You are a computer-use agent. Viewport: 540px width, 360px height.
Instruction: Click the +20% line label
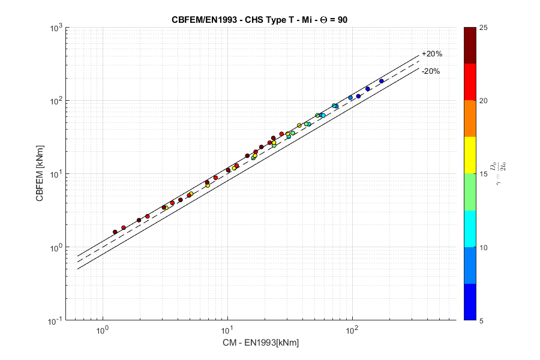coord(432,54)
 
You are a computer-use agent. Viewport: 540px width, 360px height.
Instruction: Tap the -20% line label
coord(431,71)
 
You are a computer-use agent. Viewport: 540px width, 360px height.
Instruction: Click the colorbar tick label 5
coord(484,321)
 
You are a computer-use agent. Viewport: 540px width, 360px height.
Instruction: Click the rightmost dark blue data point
coord(381,81)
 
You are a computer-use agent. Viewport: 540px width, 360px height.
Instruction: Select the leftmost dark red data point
coord(115,232)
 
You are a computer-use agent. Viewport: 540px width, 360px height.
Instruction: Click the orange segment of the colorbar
coord(470,118)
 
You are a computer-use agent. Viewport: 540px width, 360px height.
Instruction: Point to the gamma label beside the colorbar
coord(501,173)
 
